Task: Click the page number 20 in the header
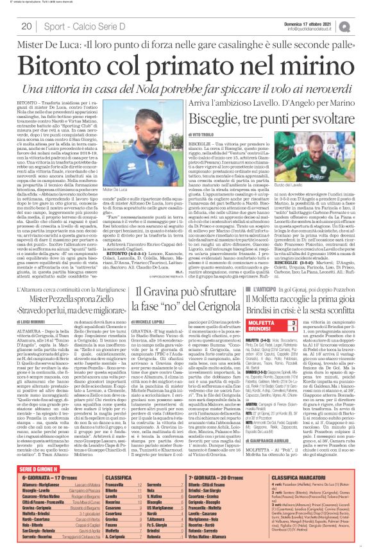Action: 27,26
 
